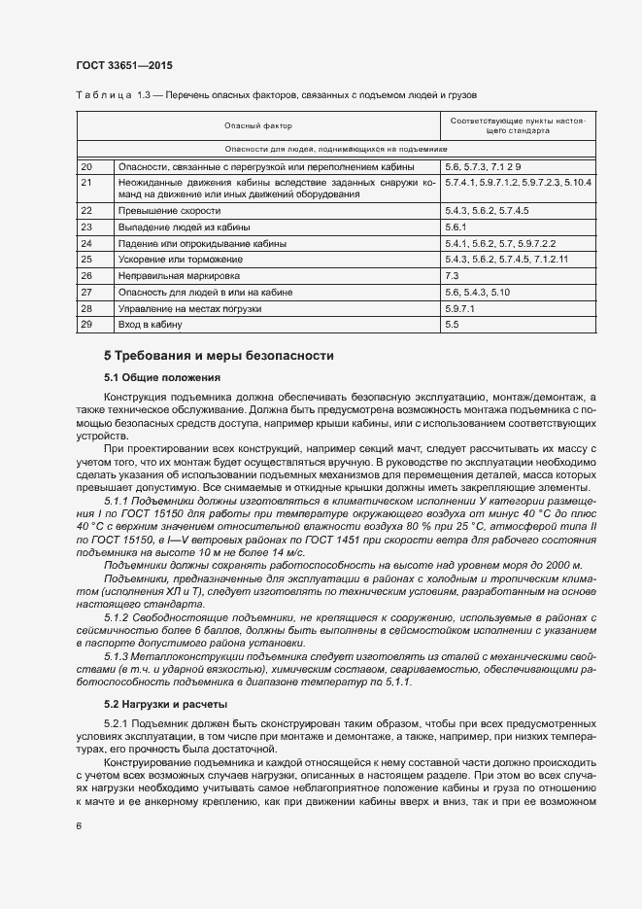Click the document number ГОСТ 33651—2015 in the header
(125, 65)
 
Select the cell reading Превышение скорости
(169, 210)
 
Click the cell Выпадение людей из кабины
(184, 227)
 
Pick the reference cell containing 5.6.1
(457, 227)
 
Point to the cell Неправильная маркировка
(180, 275)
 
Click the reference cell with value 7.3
(452, 275)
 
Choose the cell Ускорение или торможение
(182, 259)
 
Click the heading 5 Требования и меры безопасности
(219, 356)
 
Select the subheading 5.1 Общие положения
(163, 376)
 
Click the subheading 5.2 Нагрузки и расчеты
(165, 703)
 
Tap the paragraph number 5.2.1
(117, 724)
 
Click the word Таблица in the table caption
(99, 94)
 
